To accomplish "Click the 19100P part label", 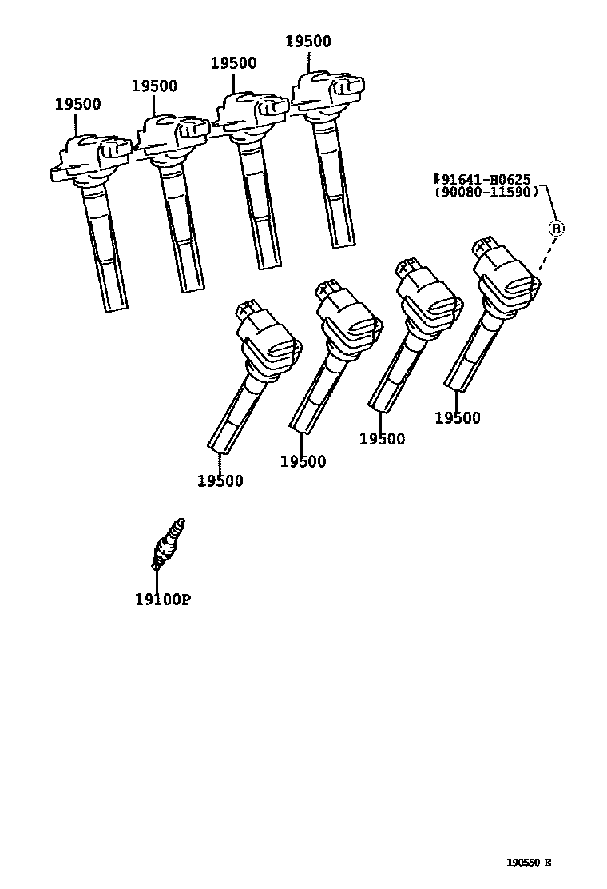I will [162, 600].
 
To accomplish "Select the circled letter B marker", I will [557, 229].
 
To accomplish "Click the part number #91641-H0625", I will [483, 180].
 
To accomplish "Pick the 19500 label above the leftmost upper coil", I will [77, 104].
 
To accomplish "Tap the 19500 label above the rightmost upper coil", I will [307, 42].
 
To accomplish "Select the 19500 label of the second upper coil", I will [154, 86].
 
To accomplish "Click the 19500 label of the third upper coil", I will [233, 64].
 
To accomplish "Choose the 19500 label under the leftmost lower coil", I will [220, 480].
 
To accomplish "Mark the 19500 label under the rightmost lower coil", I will [458, 417].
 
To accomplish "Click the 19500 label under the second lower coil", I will [303, 461].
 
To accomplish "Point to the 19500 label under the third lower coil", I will [382, 438].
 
